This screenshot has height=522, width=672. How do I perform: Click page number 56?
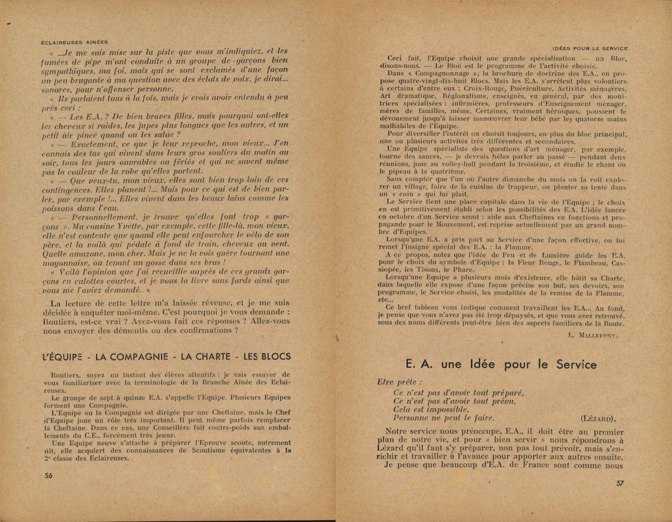(x=48, y=475)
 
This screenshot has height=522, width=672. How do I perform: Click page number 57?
(x=620, y=483)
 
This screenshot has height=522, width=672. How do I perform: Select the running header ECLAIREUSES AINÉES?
(x=75, y=42)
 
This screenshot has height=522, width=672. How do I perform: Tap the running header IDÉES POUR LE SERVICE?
(x=590, y=49)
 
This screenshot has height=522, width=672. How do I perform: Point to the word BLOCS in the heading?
(x=273, y=356)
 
